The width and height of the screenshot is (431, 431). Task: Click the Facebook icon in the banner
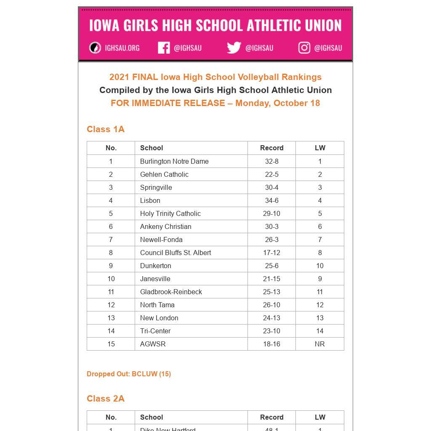coord(164,48)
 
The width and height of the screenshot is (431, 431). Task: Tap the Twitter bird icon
coord(234,48)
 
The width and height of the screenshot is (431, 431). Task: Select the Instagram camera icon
coord(304,48)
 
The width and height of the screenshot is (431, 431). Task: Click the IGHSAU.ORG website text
coord(122,48)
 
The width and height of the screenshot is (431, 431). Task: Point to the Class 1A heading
coord(106,129)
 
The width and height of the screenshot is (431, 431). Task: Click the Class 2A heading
coord(106,399)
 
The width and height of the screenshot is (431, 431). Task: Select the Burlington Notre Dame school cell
coord(174,161)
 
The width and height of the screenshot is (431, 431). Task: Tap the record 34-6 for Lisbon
coord(271,200)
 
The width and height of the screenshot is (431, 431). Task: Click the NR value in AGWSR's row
coord(319,344)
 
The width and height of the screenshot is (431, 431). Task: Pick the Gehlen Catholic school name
coord(164,174)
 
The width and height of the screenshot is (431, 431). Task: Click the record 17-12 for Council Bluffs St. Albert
coord(271,253)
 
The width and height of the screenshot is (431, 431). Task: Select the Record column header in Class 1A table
coord(271,148)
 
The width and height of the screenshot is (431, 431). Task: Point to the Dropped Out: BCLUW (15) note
coord(129,374)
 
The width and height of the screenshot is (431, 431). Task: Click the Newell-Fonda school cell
coord(161,239)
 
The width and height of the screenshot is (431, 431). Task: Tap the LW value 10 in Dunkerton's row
coord(319,266)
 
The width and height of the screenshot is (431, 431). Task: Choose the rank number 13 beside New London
coord(111,318)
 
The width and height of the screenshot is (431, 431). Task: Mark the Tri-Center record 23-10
coord(271,331)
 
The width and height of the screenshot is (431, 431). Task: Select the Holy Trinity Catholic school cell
coord(170,213)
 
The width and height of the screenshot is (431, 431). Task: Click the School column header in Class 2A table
coord(152,417)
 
